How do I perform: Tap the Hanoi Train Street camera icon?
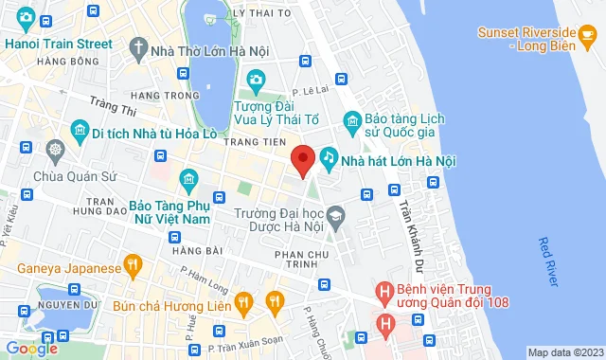(x=26, y=18)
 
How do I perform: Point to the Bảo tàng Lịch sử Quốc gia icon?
(x=351, y=120)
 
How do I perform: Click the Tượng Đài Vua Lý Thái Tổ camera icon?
(x=255, y=80)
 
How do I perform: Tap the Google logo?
(x=30, y=348)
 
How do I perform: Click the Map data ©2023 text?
(x=564, y=352)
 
